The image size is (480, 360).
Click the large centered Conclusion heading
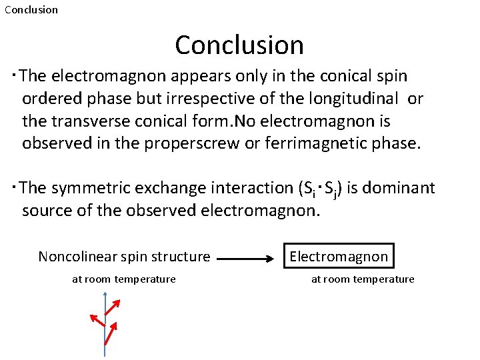tap(239, 45)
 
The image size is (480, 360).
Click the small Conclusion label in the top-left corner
tap(31, 10)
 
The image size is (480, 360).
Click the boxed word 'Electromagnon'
tap(339, 257)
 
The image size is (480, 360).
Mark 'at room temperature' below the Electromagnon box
tap(363, 279)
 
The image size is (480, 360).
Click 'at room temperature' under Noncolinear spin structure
tap(124, 279)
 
